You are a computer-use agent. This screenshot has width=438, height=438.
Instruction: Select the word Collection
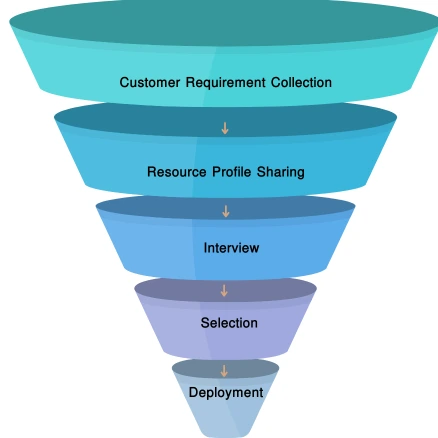(x=301, y=83)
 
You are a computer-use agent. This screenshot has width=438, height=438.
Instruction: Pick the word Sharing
(x=281, y=172)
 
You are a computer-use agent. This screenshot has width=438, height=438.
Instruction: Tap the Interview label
(x=231, y=248)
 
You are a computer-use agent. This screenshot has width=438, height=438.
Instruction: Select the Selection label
(x=229, y=323)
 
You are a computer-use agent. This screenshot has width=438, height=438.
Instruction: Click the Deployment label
(x=226, y=393)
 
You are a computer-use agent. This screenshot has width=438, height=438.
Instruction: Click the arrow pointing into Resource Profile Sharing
(x=225, y=128)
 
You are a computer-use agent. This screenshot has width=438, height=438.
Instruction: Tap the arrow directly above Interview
(x=225, y=211)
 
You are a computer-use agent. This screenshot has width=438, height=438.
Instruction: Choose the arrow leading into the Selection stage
(x=224, y=291)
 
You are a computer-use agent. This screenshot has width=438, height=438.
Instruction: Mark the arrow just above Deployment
(x=224, y=370)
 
